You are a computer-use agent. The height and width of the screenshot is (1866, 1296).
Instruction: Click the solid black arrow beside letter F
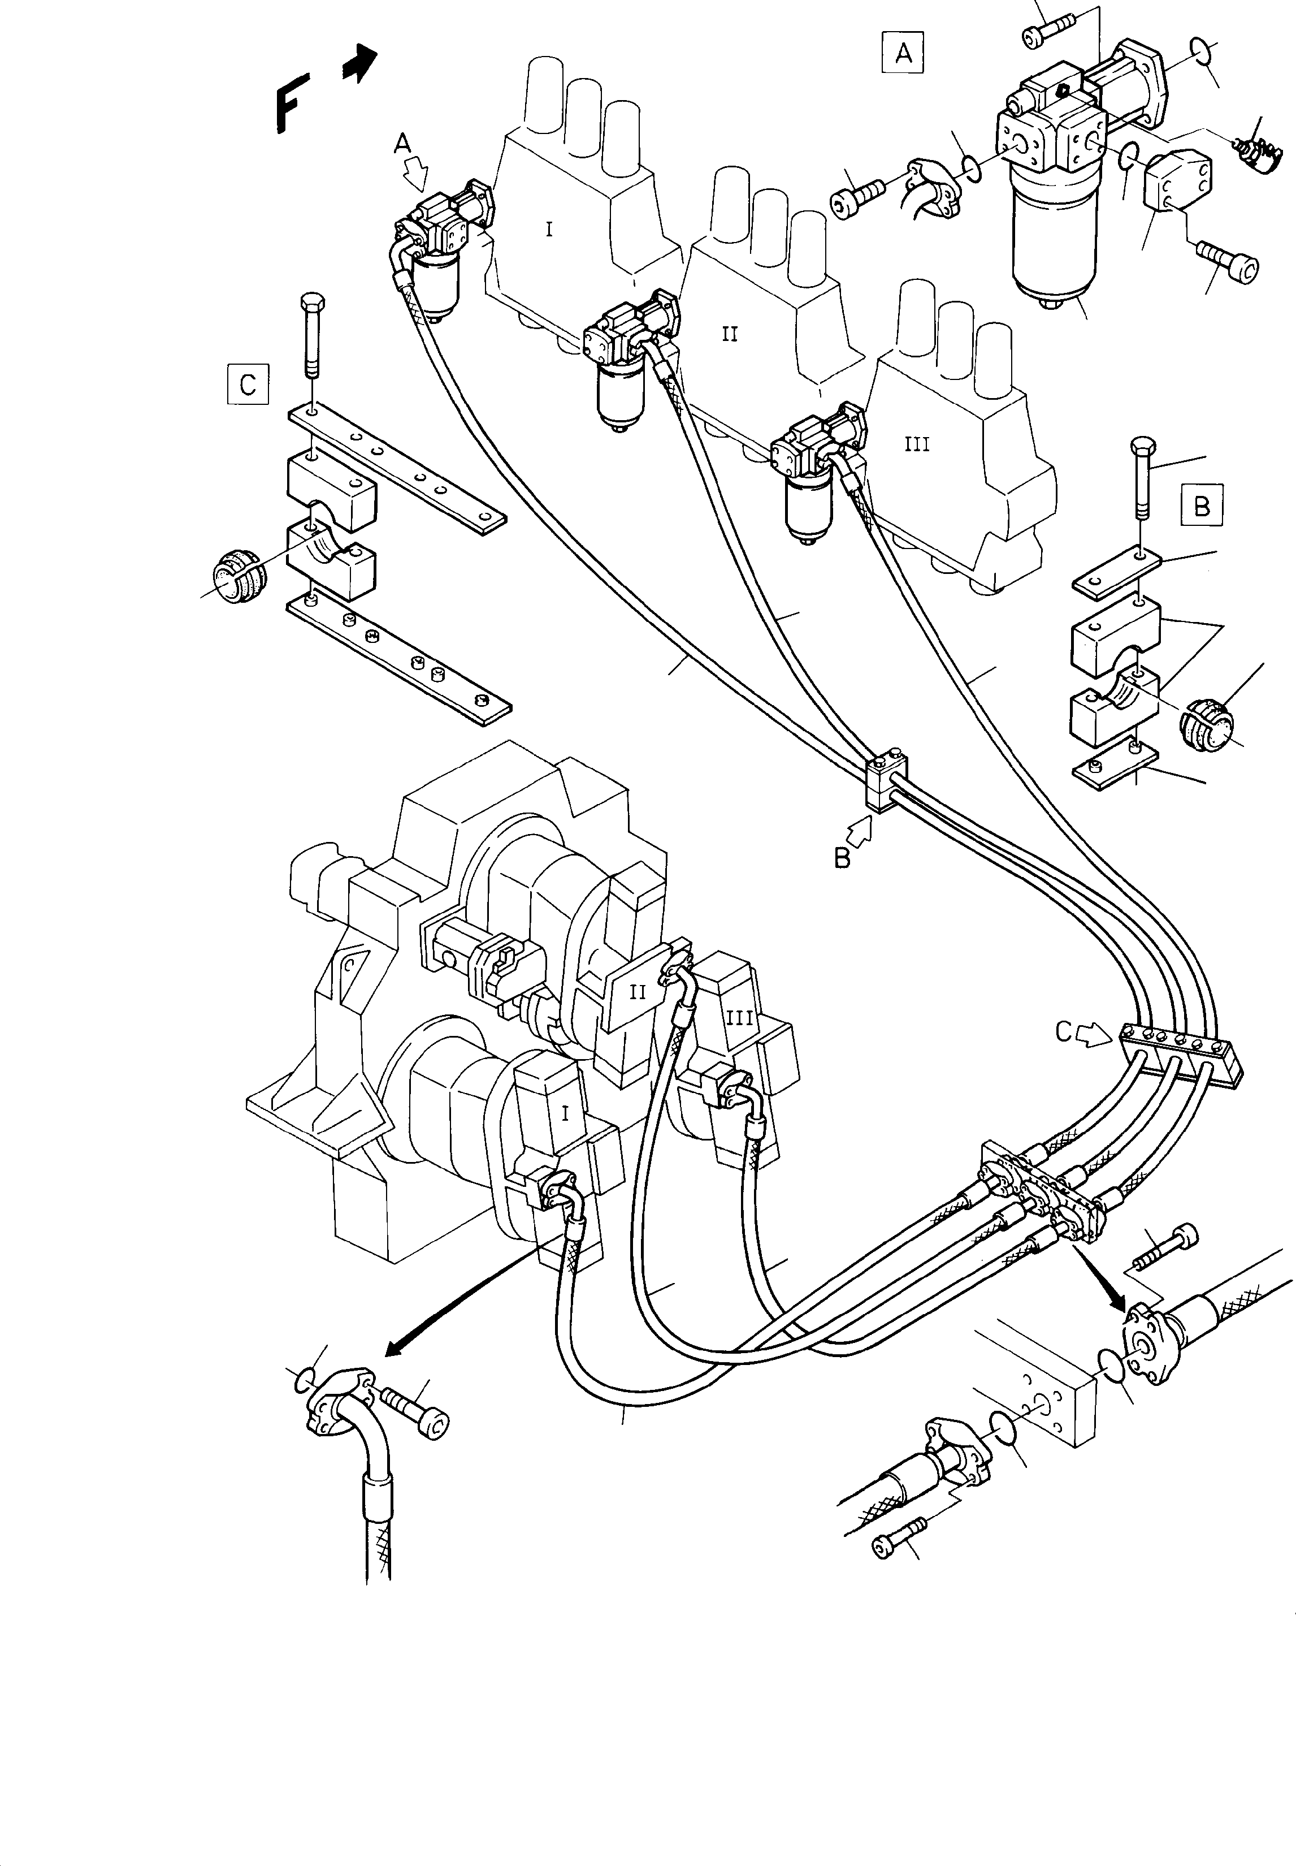point(359,63)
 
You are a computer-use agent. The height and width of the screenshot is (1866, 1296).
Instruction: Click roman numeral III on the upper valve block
point(916,444)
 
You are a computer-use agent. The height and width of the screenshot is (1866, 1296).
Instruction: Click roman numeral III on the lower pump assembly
point(739,1017)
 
